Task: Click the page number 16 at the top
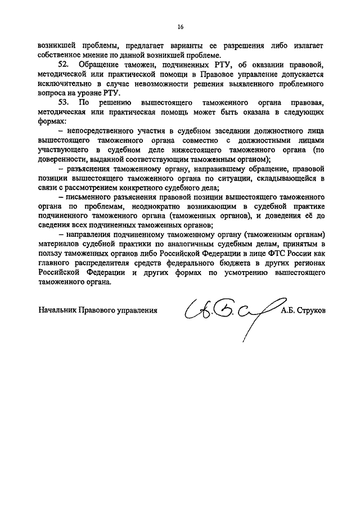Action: tap(181, 26)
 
